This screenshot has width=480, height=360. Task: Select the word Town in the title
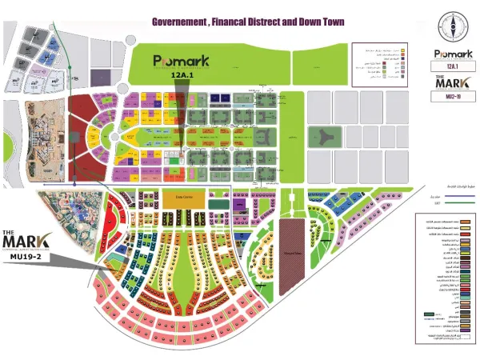[330, 22]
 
